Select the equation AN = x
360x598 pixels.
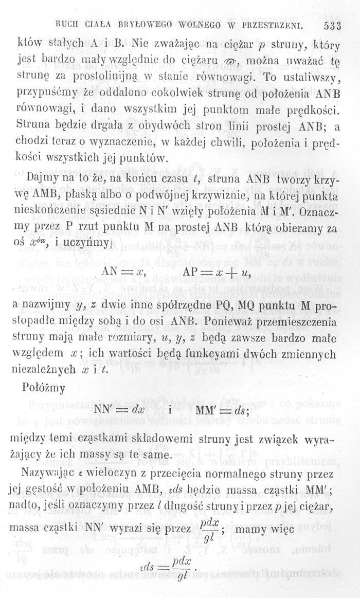pos(124,274)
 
